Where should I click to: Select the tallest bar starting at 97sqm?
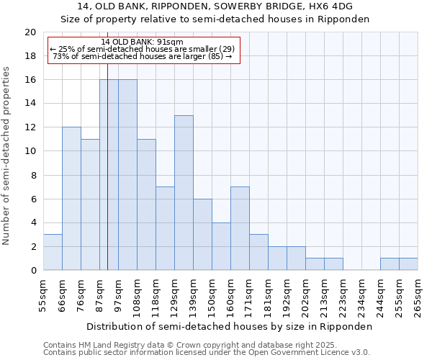[127, 175]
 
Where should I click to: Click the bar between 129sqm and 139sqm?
[184, 193]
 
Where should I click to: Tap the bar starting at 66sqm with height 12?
[71, 199]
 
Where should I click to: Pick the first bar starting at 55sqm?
[53, 252]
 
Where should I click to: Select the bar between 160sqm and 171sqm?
[240, 228]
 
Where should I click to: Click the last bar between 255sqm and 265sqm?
[408, 264]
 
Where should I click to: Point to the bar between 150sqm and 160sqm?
[221, 246]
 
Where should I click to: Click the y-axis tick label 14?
[30, 104]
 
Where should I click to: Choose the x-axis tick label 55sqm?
[43, 295]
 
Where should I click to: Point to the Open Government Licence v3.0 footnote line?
[207, 353]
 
